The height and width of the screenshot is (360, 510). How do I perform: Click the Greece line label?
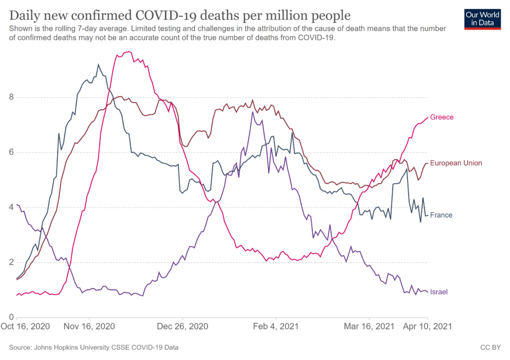tap(441, 117)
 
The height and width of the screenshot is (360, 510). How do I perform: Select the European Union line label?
tap(456, 163)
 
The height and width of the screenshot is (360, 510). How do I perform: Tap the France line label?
tap(441, 215)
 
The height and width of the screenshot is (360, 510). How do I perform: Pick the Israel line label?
tap(439, 292)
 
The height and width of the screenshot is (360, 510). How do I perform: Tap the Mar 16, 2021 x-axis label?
tap(369, 327)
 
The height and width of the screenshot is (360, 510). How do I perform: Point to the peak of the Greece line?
tap(128, 52)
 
